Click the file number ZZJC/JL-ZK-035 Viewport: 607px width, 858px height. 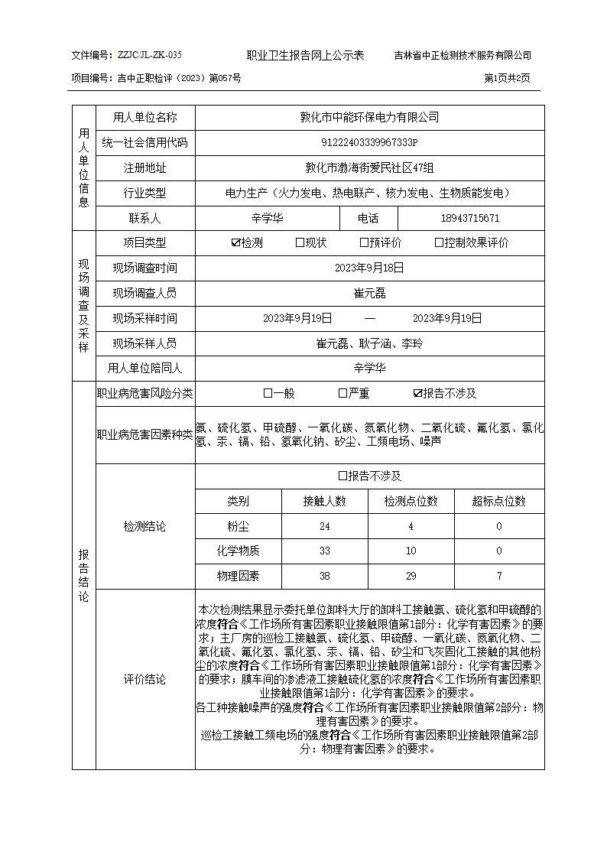(x=150, y=55)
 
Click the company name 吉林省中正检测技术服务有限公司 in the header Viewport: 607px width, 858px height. (x=463, y=55)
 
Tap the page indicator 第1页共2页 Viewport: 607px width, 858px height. (x=507, y=78)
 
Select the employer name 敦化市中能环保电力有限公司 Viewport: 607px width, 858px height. (x=369, y=117)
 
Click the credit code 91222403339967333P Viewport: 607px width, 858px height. (x=369, y=142)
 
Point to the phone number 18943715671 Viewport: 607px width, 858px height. (x=470, y=218)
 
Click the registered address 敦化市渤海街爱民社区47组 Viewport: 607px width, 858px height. (x=369, y=167)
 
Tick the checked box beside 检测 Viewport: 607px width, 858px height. (x=235, y=243)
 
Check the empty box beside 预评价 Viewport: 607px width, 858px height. (x=364, y=243)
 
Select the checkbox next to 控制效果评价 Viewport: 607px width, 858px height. (x=439, y=243)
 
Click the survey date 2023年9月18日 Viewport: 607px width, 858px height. (x=369, y=268)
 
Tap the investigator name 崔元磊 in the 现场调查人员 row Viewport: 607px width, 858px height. (x=369, y=293)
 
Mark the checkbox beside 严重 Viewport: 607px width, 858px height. (x=342, y=394)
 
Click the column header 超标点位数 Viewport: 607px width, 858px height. (x=499, y=501)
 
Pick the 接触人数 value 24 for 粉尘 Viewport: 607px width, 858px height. (x=325, y=526)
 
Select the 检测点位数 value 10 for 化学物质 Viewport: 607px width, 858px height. (x=411, y=551)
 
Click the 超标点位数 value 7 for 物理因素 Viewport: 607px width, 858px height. (x=499, y=576)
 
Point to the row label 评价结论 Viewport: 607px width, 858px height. (x=144, y=679)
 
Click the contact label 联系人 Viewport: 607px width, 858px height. (x=144, y=218)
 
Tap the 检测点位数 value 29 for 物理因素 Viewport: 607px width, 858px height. (x=411, y=576)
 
